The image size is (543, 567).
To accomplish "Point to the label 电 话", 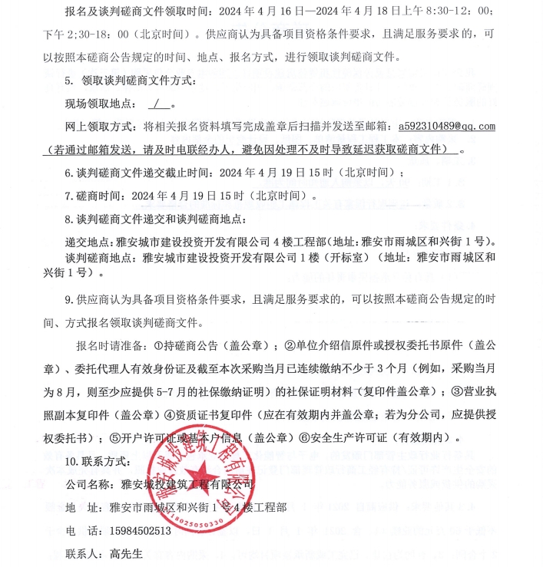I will (84, 531).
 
